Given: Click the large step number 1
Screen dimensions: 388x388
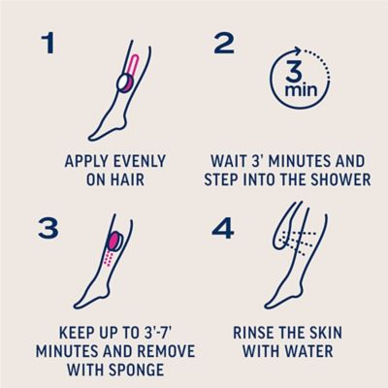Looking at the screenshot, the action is [48, 44].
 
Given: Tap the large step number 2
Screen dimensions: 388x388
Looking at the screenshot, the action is [224, 44].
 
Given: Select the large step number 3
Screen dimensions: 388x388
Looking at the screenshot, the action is [48, 229].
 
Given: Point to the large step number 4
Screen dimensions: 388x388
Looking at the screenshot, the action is [223, 229].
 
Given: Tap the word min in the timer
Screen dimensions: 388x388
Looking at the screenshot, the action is [301, 89].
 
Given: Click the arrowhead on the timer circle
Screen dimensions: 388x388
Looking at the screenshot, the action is [298, 51].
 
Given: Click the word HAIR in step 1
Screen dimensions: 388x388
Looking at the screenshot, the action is [129, 179].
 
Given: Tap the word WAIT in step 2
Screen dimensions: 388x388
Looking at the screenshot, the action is [226, 161].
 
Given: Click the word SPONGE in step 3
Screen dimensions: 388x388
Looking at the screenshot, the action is [138, 370].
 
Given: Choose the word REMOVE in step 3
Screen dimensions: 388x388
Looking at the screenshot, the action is [168, 351].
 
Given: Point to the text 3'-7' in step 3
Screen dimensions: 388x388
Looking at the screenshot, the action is [155, 333].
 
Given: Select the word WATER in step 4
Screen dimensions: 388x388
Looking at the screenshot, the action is [312, 351].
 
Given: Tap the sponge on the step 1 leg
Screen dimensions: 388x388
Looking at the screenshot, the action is [124, 82].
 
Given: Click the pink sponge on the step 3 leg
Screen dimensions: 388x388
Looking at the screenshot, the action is [115, 241].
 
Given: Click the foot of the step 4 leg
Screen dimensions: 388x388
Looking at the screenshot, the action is [278, 299].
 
